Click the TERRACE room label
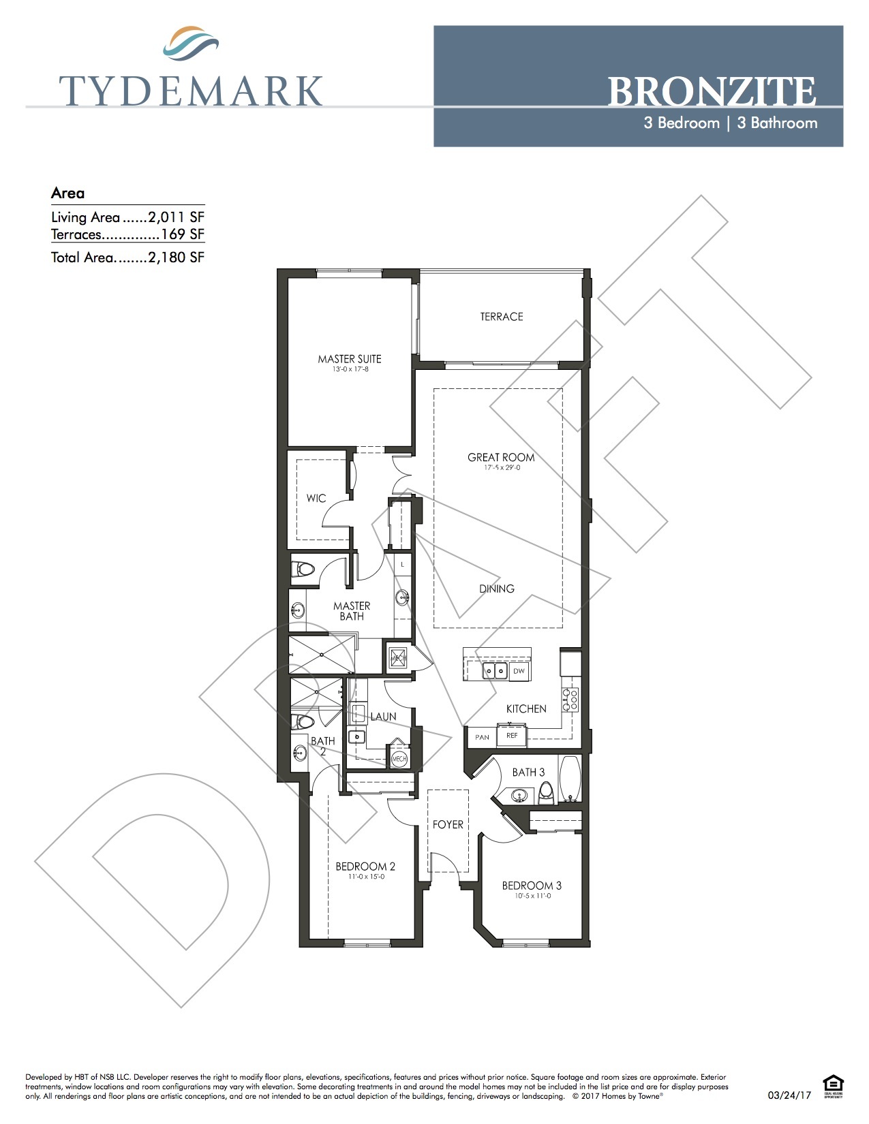point(502,317)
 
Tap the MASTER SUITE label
point(350,359)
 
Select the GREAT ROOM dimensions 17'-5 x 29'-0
point(502,468)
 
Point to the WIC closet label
point(316,499)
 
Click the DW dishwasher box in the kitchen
point(519,671)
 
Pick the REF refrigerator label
point(512,736)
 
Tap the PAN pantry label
point(483,737)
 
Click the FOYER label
point(448,825)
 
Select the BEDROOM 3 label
point(532,886)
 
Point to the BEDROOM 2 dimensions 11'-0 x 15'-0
point(366,877)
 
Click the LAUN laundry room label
point(383,717)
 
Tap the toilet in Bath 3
point(546,792)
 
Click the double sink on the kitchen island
point(496,672)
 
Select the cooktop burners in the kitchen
point(570,700)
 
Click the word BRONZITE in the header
point(712,92)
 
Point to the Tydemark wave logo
point(191,44)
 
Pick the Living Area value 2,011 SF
point(176,217)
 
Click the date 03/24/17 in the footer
point(789,1095)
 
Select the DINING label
point(497,589)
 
